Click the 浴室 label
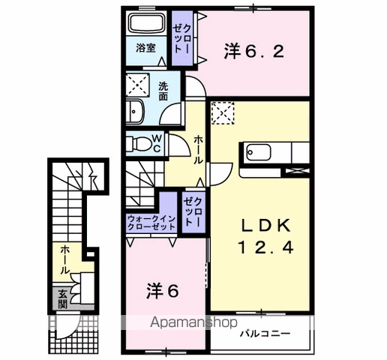[x=145, y=48]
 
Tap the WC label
[x=157, y=142]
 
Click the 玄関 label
[x=59, y=299]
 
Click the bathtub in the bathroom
[x=146, y=22]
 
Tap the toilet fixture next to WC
[x=138, y=142]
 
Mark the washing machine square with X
[x=138, y=83]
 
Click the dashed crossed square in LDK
[x=223, y=112]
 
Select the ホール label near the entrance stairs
[x=65, y=259]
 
